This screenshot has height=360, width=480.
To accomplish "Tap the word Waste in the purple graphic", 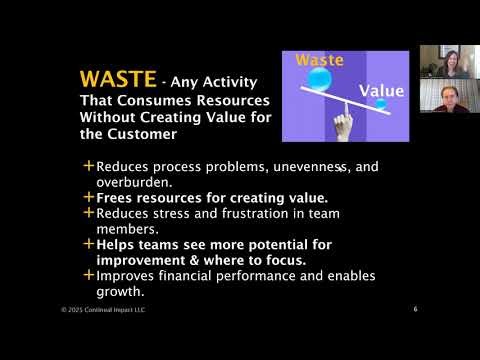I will pyautogui.click(x=320, y=60).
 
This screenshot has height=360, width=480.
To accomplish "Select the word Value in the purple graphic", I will pyautogui.click(x=382, y=91).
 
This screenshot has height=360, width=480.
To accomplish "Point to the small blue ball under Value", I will pyautogui.click(x=381, y=104).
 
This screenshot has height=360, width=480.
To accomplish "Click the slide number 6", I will pyautogui.click(x=415, y=309).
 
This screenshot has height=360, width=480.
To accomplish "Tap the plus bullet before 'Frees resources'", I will pyautogui.click(x=89, y=197).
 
